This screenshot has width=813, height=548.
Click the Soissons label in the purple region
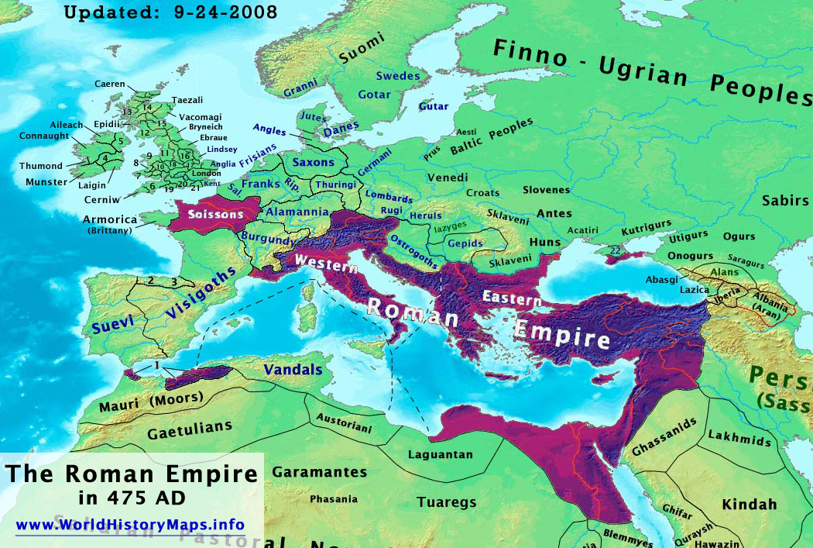point(211,213)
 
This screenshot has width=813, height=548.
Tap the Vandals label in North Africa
point(293,370)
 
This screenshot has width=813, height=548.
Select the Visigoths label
point(200,294)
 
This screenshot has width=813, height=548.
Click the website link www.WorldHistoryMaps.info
point(131,525)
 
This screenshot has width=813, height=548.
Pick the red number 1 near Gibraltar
point(157,364)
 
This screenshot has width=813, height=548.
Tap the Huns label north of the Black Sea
point(544,242)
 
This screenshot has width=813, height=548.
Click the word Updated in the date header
point(101,12)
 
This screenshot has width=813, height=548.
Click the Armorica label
point(109,219)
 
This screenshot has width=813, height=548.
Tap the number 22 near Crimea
point(615,250)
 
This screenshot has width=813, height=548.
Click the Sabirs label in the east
point(785,201)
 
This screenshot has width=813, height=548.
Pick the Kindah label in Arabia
point(749,505)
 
